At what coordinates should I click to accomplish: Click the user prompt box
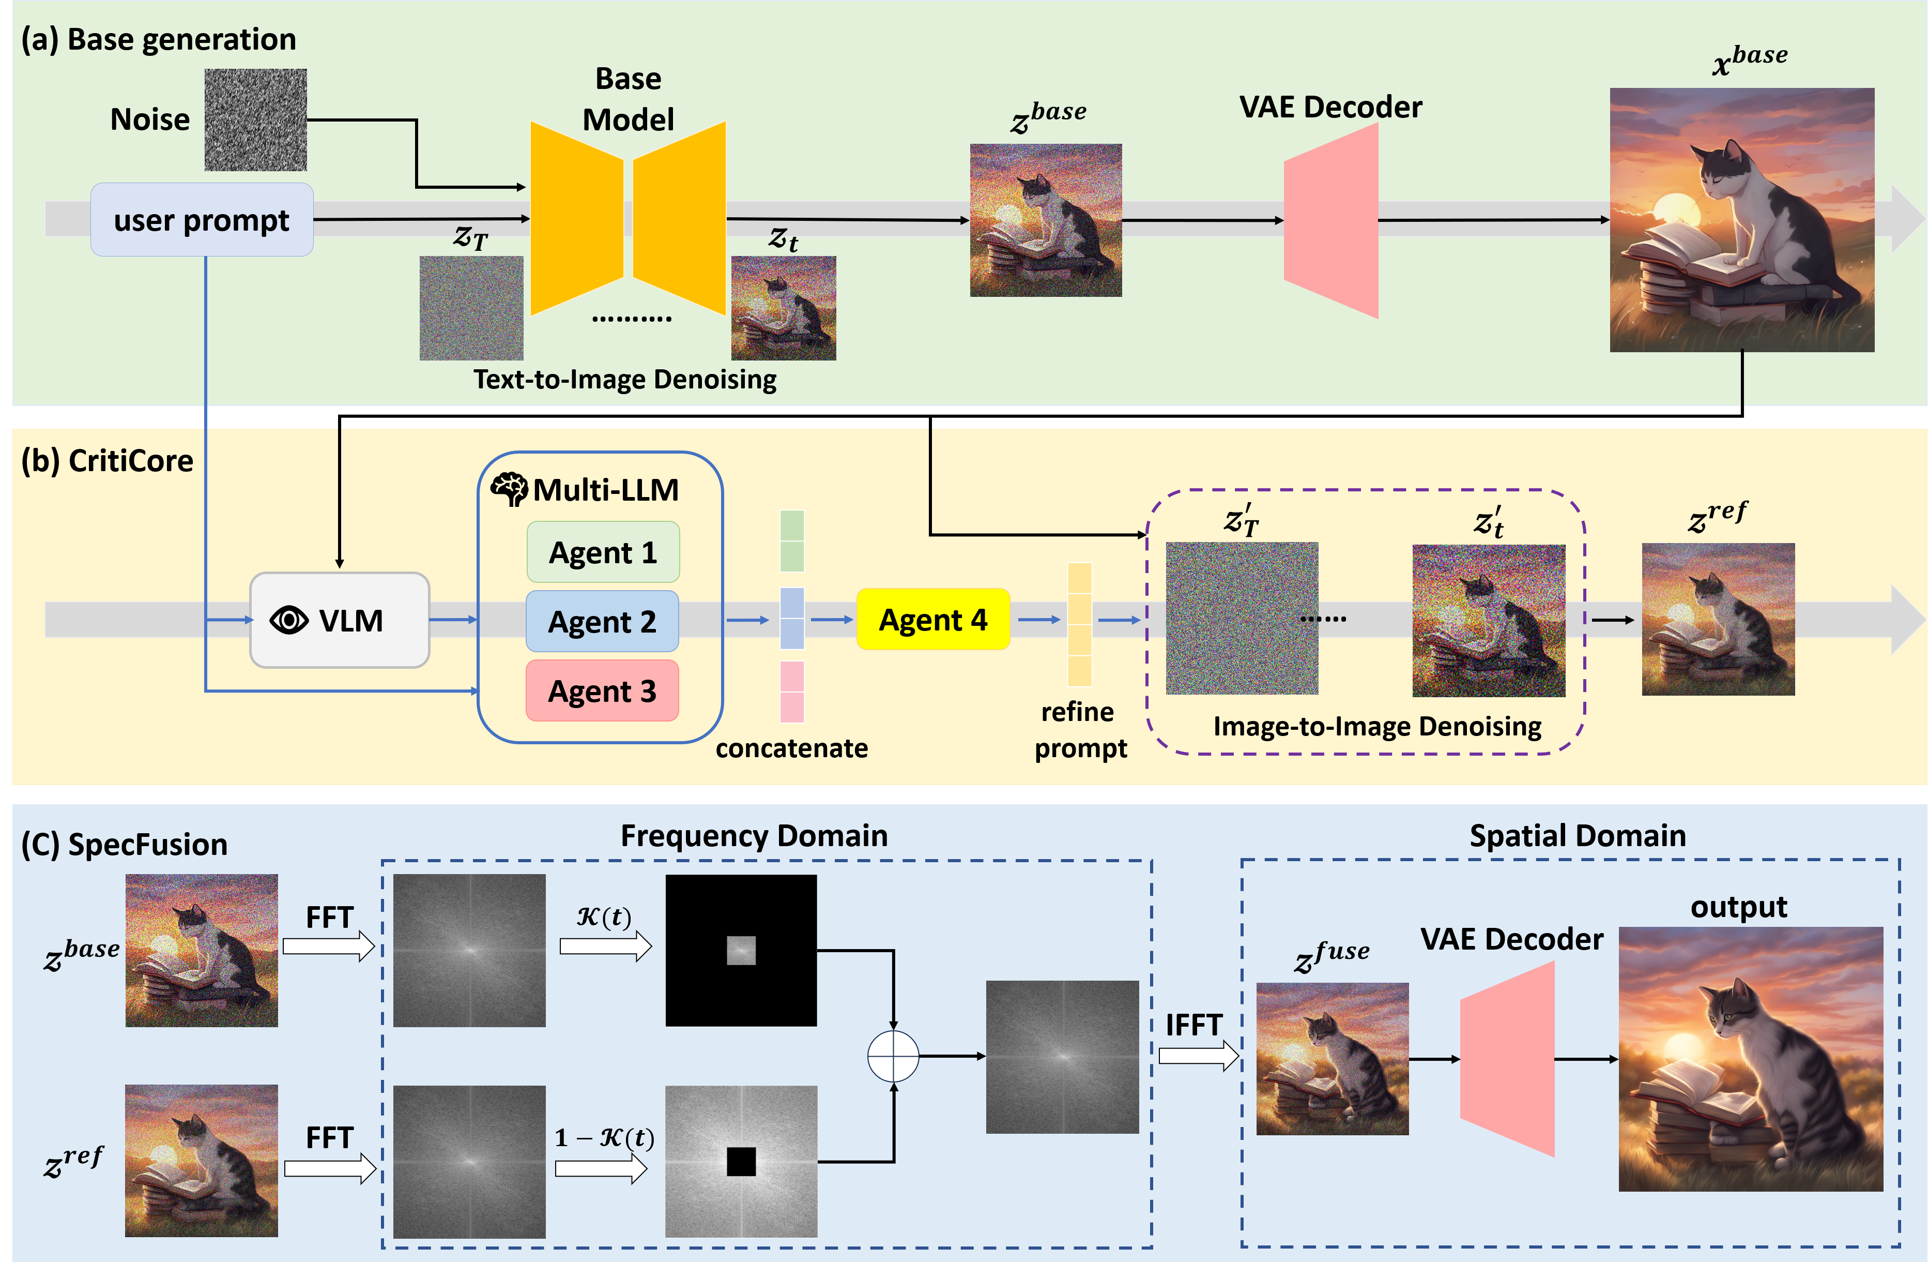tap(202, 220)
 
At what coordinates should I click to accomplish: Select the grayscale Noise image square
tap(255, 120)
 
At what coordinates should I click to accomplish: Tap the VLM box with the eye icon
tap(340, 620)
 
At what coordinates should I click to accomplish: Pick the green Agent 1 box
tap(603, 552)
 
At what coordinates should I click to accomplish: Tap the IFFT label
tap(1193, 1025)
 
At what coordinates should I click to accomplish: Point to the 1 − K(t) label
tap(604, 1138)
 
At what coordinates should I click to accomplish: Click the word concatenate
tap(791, 748)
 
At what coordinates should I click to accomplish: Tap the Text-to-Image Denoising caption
tap(624, 379)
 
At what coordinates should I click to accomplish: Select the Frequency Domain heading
tap(754, 836)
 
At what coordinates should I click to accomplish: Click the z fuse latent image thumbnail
tap(1332, 1059)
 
